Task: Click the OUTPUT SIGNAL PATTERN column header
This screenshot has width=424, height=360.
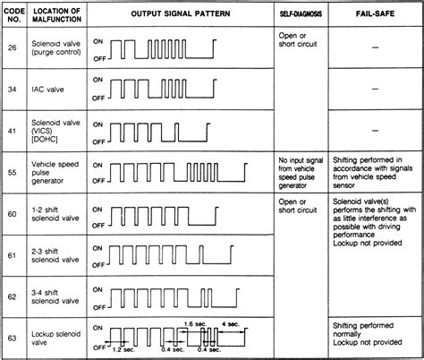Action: (x=182, y=14)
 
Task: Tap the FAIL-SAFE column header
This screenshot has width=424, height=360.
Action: (x=373, y=14)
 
